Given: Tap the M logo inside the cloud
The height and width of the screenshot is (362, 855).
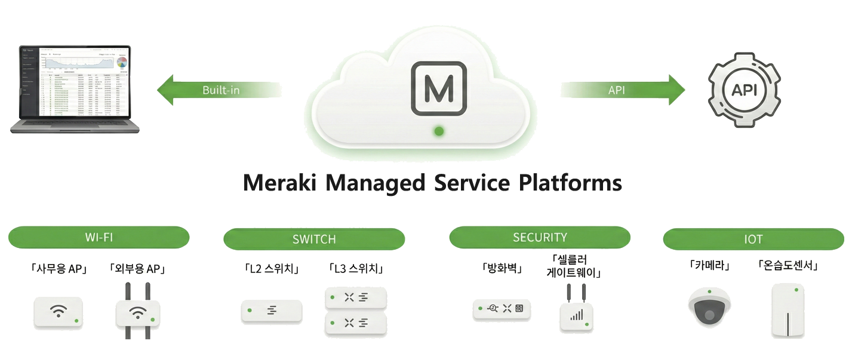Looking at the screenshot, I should tap(439, 89).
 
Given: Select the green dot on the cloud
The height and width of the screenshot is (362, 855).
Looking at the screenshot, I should tap(439, 131).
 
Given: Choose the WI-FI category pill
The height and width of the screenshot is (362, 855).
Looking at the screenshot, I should tap(99, 237).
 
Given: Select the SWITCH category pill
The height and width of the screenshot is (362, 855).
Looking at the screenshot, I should tap(314, 240).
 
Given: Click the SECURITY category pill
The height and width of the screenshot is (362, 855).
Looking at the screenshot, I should tap(540, 237).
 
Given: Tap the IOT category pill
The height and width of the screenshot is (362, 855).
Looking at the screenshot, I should tap(753, 240).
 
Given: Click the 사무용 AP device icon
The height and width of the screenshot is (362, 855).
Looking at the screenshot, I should tap(58, 311).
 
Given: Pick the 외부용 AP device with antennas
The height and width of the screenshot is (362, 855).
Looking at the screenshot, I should tap(138, 312).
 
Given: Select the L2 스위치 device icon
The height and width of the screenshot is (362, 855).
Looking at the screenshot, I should tap(272, 311).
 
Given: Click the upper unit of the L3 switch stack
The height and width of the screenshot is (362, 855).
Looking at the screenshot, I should tap(356, 297).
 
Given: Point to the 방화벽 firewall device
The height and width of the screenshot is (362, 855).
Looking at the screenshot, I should tap(502, 309).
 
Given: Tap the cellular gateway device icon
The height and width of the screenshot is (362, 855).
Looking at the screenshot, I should tap(576, 314).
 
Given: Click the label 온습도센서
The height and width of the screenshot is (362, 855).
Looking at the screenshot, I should tap(788, 266).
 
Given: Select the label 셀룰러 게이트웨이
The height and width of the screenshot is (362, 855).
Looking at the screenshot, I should tap(574, 266).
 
